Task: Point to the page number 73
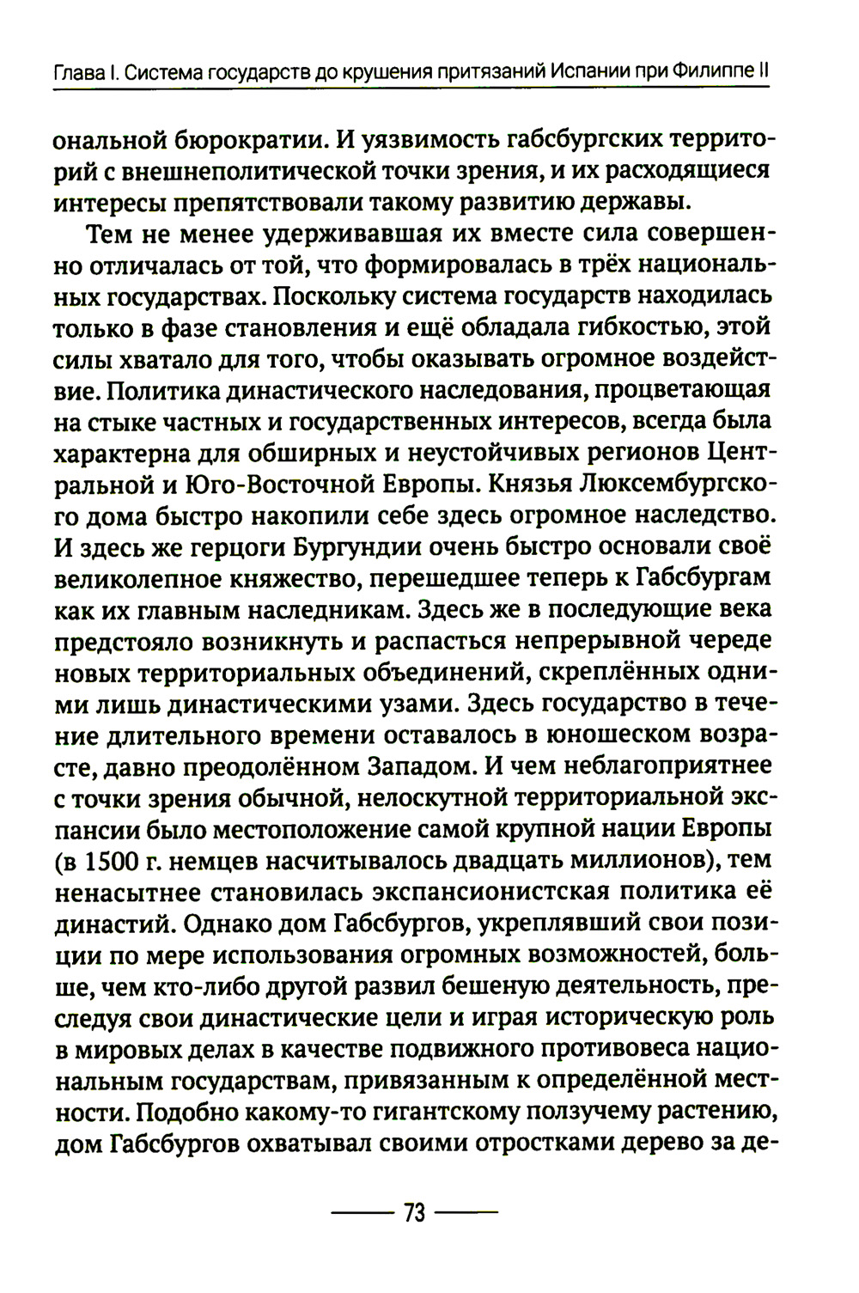(414, 1213)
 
